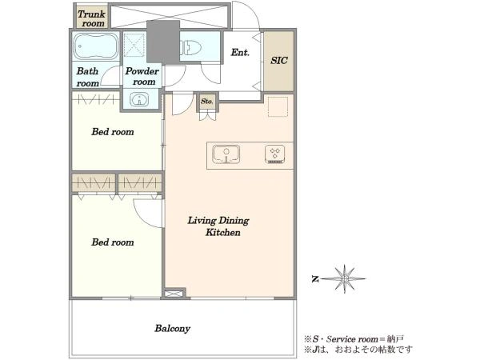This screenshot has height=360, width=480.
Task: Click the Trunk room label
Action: point(91,18)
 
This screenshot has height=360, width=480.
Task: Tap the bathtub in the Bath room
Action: point(95,46)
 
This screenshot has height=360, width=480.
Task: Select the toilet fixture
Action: point(191,48)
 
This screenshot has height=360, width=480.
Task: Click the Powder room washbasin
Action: point(139,99)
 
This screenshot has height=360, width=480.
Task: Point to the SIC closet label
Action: point(279,60)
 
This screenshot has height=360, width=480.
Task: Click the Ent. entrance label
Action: point(240,52)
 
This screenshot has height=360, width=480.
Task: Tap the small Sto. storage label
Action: point(207,101)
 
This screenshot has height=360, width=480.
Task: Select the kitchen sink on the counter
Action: point(226,154)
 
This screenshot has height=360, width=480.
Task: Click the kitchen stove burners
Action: point(275,154)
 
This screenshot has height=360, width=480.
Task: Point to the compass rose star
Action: point(344,279)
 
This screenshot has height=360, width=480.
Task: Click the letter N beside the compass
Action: point(315,279)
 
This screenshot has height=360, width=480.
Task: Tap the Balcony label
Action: point(172,329)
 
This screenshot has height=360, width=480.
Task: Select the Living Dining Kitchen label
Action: point(218,226)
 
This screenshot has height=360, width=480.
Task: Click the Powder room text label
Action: point(142,76)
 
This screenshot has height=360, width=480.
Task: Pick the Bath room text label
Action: point(88,77)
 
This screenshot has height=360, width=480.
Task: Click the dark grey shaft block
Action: point(163,42)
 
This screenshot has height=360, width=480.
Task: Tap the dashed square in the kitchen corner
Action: point(278,106)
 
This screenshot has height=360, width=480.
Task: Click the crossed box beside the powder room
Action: point(134,45)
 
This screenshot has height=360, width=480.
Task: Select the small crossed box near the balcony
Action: point(174,294)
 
